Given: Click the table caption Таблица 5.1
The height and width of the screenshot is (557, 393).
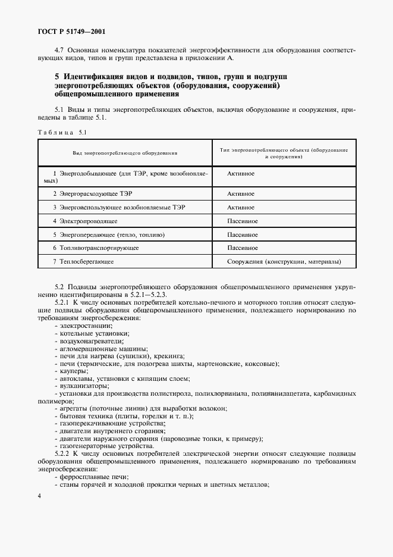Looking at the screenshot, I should coord(62,132).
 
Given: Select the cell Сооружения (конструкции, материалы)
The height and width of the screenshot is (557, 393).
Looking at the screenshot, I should coord(284,261).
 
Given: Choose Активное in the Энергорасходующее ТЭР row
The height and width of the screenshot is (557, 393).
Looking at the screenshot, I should coord(241,194).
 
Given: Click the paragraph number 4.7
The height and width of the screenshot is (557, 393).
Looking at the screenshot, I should coord(59,50).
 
